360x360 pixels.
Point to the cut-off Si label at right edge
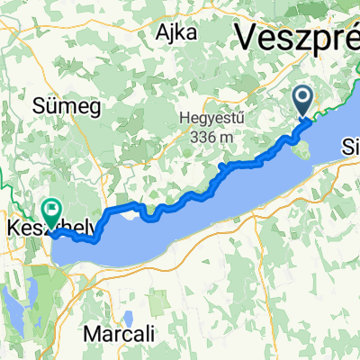351,146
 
